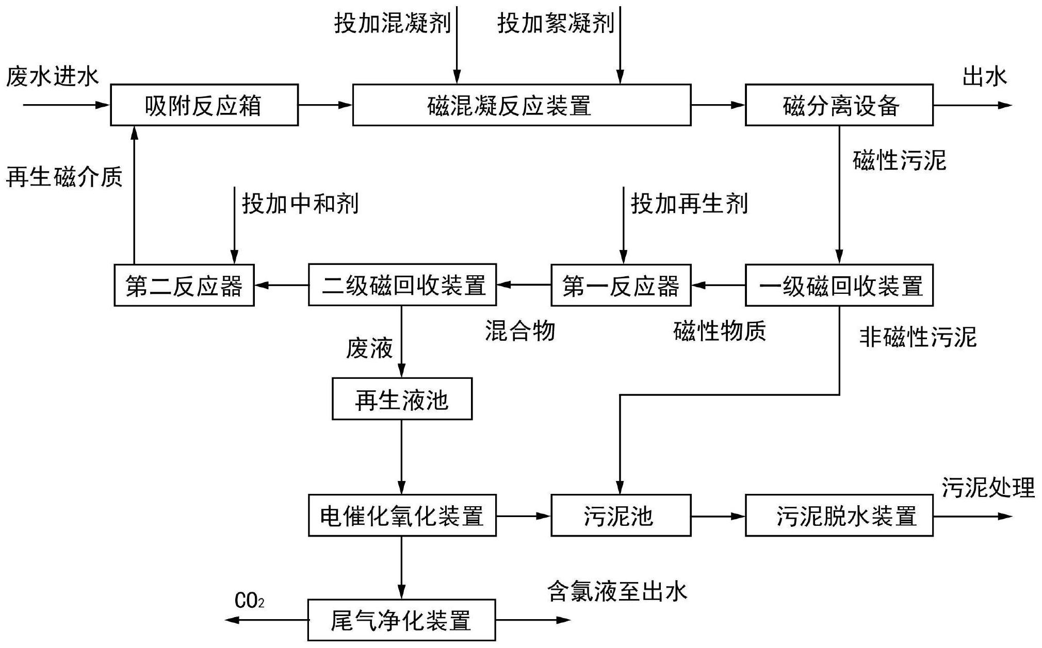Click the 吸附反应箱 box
[204, 105]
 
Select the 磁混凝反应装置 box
[522, 105]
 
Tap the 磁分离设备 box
[839, 105]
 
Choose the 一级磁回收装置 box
[839, 285]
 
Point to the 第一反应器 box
[621, 285]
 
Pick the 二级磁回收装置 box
[402, 285]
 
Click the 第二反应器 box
[184, 285]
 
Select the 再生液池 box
[402, 399]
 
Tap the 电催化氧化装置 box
[402, 516]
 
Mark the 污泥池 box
[621, 516]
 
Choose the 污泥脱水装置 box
[839, 516]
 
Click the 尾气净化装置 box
[401, 620]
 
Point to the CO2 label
[249, 601]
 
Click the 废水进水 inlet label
[52, 77]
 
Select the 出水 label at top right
[984, 77]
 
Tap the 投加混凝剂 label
[392, 24]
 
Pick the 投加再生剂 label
[689, 204]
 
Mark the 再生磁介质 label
[64, 177]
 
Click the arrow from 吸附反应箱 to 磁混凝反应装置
[325, 105]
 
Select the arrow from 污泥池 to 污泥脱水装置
[718, 516]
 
